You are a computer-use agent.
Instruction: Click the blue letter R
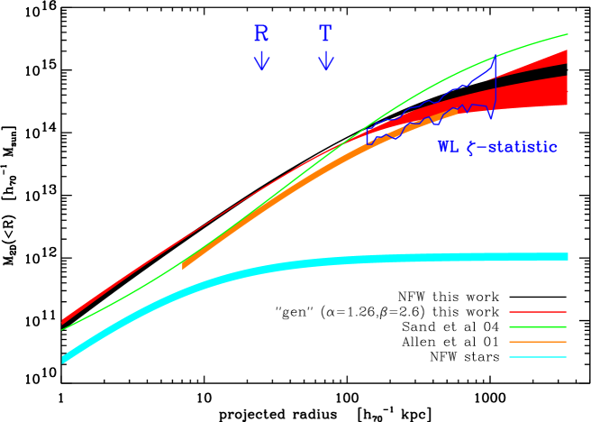coord(261,34)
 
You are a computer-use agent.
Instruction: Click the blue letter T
coord(325,34)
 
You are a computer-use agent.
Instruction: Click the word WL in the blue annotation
coord(448,147)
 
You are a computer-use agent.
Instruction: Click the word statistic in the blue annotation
coord(523,147)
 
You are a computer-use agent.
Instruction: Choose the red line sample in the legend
coord(538,312)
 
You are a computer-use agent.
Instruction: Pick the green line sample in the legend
coord(538,327)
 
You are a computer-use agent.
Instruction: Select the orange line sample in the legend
coord(538,342)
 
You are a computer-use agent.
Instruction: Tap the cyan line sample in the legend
coord(538,357)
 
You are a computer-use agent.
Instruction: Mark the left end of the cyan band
coord(64,359)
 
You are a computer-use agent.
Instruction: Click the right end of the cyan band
coord(566,256)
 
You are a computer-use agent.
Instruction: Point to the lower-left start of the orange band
coord(184,266)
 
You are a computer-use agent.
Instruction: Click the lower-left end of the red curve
coord(63,321)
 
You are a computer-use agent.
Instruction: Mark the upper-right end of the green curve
coord(567,35)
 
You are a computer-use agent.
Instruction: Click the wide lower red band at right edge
coord(559,91)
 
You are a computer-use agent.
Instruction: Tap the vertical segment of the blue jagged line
coord(496,86)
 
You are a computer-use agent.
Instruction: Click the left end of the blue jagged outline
coord(368,138)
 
